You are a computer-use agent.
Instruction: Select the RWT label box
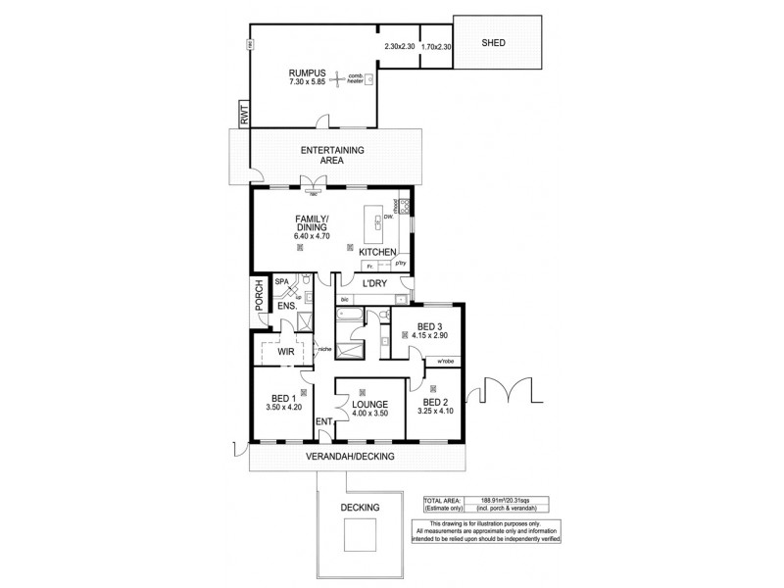pos(242,116)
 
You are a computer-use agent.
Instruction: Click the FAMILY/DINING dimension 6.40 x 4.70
pos(313,236)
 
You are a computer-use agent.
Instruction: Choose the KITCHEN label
pos(377,253)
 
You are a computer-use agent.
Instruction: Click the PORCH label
pos(259,297)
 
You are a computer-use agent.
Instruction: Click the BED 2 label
pos(436,402)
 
